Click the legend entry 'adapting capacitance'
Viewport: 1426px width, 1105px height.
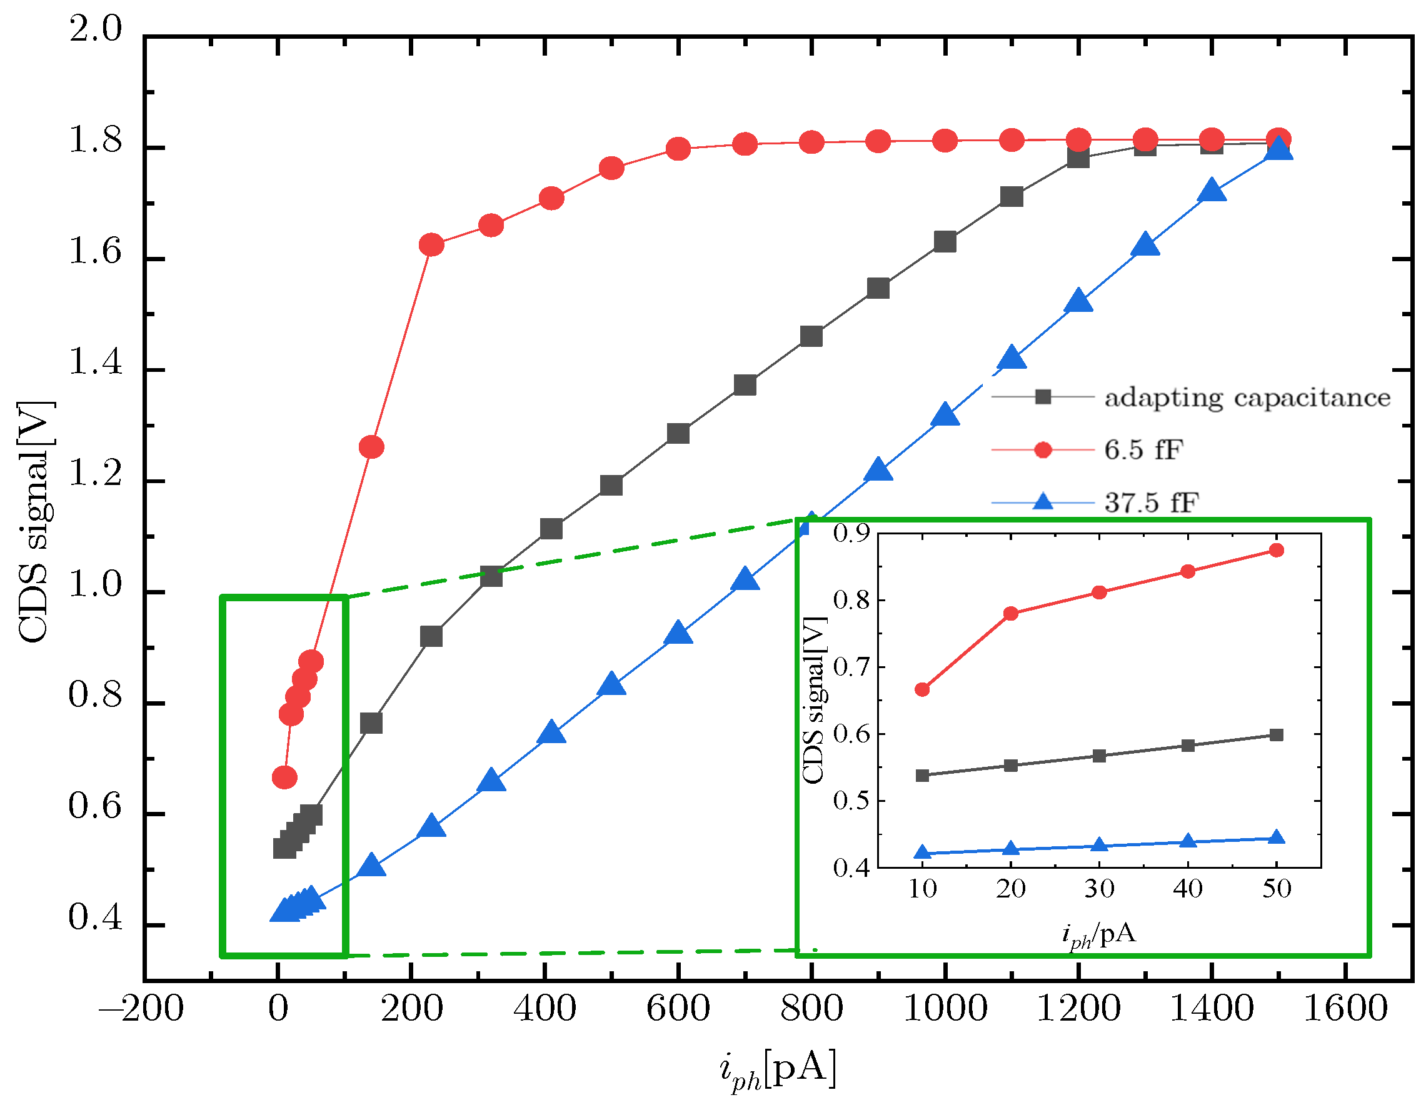pos(1247,397)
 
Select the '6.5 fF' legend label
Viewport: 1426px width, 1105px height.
pos(1143,451)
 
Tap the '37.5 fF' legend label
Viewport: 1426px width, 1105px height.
pos(1151,503)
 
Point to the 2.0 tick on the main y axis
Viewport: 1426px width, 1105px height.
pos(95,29)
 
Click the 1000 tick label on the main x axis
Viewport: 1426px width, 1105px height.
pos(944,1008)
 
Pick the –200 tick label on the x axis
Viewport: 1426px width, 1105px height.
pos(141,1008)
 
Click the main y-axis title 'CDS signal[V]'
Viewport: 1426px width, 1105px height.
pos(36,522)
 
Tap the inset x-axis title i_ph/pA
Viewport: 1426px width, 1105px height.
pos(1099,935)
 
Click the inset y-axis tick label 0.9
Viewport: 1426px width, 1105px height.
pos(851,533)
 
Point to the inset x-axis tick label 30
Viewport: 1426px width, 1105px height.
pos(1099,888)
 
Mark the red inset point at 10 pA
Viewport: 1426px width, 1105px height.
pos(922,690)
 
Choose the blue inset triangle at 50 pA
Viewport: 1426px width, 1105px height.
pos(1277,838)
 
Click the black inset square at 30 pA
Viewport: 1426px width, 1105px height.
pos(1099,756)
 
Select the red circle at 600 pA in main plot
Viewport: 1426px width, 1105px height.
pos(678,149)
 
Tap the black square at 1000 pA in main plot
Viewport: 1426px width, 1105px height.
pos(945,242)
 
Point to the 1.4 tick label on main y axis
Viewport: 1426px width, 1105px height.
pos(95,363)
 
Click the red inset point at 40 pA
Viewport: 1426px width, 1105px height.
pos(1188,572)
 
